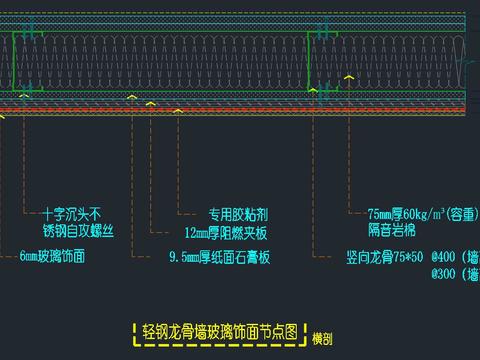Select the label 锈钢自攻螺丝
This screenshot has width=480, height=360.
click(78, 231)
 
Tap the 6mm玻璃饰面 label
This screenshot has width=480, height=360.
click(51, 256)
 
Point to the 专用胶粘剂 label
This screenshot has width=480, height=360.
click(238, 213)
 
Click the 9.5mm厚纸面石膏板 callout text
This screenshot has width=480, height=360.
click(219, 256)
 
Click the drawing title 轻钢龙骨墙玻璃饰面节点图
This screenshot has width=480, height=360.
click(220, 332)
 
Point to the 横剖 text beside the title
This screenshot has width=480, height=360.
click(322, 337)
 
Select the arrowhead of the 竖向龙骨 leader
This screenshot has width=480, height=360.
click(312, 90)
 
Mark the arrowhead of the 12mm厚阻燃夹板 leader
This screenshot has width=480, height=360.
click(150, 102)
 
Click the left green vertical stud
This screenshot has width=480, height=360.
click(14, 60)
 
